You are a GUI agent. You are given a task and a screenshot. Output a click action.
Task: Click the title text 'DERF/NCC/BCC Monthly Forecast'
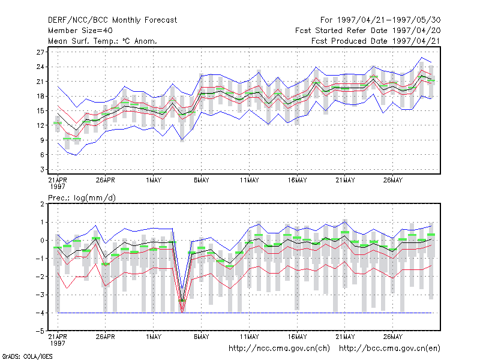click(x=112, y=20)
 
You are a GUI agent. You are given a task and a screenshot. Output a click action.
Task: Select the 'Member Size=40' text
click(x=80, y=31)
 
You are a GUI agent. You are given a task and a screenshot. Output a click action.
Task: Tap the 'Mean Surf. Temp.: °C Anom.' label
click(x=103, y=41)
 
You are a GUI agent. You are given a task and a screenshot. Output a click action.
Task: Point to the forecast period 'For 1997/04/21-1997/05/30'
click(x=380, y=20)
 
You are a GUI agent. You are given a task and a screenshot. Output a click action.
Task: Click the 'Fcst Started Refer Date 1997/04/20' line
click(x=368, y=31)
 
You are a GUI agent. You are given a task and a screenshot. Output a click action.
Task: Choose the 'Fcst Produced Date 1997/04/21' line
click(x=376, y=41)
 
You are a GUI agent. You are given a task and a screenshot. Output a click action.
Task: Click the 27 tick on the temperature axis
click(x=40, y=52)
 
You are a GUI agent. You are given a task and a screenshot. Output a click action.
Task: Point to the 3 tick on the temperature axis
click(x=42, y=169)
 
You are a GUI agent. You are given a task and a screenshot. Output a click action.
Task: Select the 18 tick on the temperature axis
click(x=40, y=96)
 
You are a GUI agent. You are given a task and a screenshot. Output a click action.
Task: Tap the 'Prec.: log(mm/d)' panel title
click(x=82, y=198)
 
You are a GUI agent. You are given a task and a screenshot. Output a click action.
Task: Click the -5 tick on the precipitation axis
click(x=40, y=331)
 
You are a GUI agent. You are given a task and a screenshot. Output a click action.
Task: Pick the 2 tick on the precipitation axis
click(x=42, y=204)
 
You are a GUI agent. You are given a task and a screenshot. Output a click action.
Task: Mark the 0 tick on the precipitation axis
click(x=42, y=241)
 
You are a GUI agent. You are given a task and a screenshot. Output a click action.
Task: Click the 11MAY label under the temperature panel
click(x=249, y=180)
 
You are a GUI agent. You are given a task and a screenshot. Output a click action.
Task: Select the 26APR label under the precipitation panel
click(x=106, y=337)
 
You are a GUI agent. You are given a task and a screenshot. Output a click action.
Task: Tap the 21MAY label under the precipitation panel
click(x=345, y=337)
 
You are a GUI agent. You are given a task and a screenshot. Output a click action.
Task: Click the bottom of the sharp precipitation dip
click(x=182, y=312)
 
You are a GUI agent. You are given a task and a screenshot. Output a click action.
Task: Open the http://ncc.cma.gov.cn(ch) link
click(x=279, y=349)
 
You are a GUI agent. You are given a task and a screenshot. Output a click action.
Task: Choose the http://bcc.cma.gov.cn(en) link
click(x=389, y=349)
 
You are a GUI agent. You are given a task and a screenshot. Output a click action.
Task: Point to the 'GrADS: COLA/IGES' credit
click(x=27, y=356)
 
